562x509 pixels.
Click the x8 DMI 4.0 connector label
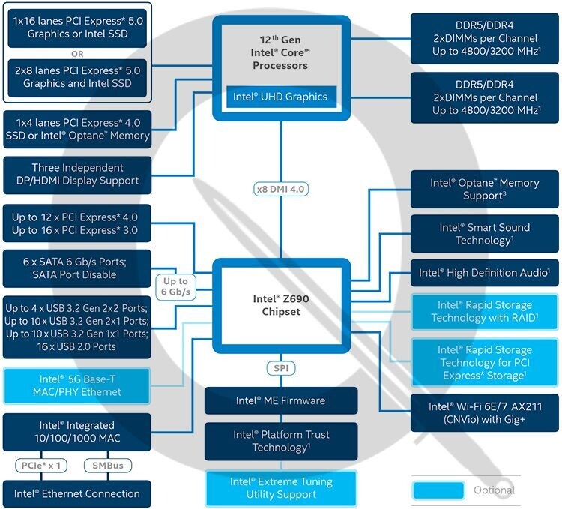[x=281, y=190]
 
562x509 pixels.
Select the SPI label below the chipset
[x=281, y=369]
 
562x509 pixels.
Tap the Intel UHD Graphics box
[x=280, y=97]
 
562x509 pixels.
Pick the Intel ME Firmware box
[x=281, y=401]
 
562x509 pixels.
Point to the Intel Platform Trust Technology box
[x=281, y=440]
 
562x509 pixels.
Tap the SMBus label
[x=108, y=466]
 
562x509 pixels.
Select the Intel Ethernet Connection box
[x=76, y=493]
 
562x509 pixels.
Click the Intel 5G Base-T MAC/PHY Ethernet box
[x=76, y=385]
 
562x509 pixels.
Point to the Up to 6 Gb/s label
[x=174, y=286]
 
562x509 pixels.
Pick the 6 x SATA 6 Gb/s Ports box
[x=76, y=268]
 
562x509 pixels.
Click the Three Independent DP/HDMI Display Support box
[x=76, y=174]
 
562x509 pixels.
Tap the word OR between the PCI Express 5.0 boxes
[x=77, y=54]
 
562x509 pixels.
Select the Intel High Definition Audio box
[x=484, y=273]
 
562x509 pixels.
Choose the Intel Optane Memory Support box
[x=484, y=189]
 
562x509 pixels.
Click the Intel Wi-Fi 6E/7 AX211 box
[x=484, y=412]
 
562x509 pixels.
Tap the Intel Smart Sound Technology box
[x=484, y=234]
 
